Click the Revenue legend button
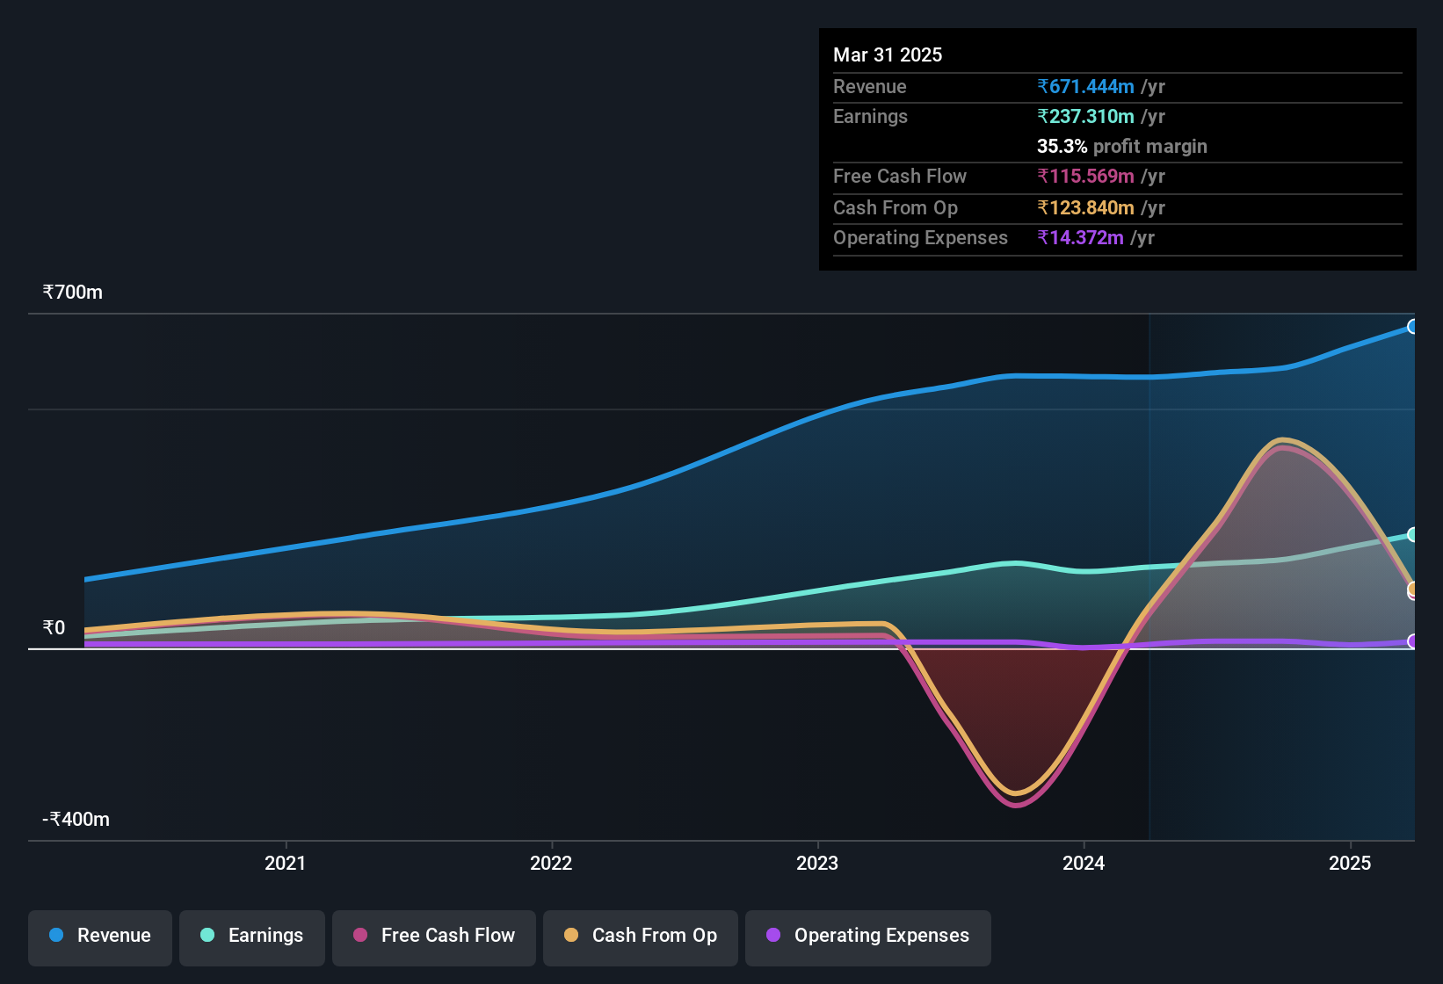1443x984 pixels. click(x=100, y=936)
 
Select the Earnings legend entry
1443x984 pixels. click(x=251, y=936)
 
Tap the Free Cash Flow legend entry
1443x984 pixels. click(x=433, y=936)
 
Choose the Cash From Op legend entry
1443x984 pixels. click(x=640, y=936)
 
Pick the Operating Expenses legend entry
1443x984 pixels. click(x=867, y=936)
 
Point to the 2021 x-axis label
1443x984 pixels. click(x=285, y=863)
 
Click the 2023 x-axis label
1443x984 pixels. click(x=816, y=863)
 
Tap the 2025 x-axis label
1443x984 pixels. click(x=1349, y=863)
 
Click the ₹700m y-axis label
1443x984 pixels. click(x=72, y=293)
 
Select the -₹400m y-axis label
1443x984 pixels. click(x=76, y=820)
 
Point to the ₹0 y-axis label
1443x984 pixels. click(x=54, y=628)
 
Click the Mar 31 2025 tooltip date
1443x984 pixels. click(x=887, y=55)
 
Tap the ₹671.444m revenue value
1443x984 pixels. click(x=1085, y=87)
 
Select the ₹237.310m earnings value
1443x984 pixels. click(x=1085, y=117)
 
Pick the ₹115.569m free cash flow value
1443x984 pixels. click(x=1085, y=177)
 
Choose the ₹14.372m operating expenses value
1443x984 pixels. click(x=1080, y=238)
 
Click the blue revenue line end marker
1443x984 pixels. click(x=1412, y=327)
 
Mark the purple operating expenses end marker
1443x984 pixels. click(x=1412, y=641)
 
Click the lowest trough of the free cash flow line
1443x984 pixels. click(x=1017, y=805)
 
